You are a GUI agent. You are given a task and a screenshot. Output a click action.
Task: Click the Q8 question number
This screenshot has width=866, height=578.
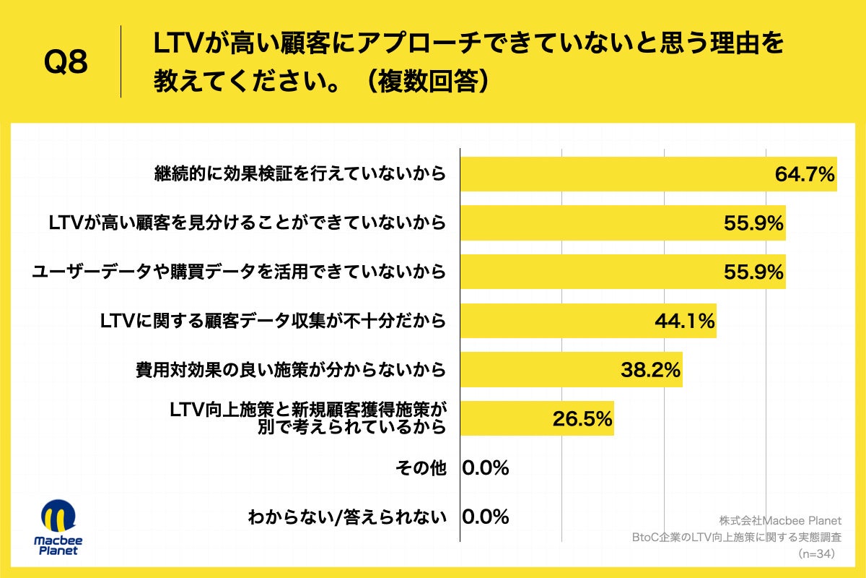point(66,63)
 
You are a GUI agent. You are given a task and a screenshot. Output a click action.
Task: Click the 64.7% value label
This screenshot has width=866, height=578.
point(804,175)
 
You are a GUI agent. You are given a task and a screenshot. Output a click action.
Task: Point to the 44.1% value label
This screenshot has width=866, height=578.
point(684,321)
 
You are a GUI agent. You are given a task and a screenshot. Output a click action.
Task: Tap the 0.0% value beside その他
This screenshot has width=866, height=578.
point(486,468)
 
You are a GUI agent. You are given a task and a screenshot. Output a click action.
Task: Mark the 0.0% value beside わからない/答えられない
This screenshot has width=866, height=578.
point(486,517)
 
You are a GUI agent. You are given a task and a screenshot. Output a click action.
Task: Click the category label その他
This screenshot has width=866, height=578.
point(421,468)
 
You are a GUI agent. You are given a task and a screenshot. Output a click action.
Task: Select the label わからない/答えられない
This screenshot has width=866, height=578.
point(347,517)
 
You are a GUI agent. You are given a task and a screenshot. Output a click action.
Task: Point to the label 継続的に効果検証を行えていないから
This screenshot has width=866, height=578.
point(300,175)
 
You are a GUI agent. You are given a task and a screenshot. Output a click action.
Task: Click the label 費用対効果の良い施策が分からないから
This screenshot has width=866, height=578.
point(291,371)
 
